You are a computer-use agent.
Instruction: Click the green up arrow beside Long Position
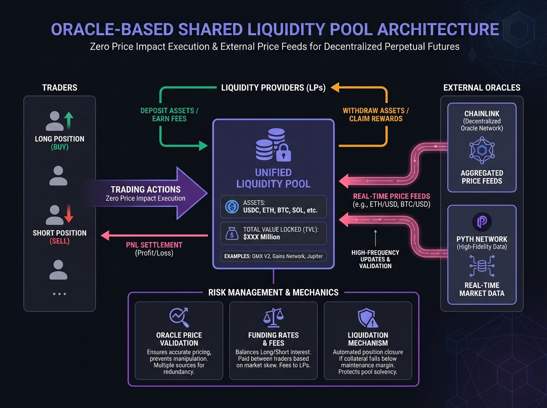click(68, 122)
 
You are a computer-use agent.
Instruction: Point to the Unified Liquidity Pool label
click(273, 178)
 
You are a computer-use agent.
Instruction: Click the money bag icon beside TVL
click(232, 234)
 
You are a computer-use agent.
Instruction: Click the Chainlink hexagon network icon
click(482, 152)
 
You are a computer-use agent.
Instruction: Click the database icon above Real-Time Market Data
click(481, 266)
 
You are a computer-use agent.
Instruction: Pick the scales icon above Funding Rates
click(273, 317)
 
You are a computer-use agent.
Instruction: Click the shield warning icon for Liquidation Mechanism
click(367, 317)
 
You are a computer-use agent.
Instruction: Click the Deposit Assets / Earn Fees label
click(170, 114)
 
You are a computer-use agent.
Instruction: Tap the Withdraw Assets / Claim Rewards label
click(376, 114)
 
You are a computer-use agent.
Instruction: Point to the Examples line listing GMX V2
click(273, 256)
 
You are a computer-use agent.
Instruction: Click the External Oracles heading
click(481, 87)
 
